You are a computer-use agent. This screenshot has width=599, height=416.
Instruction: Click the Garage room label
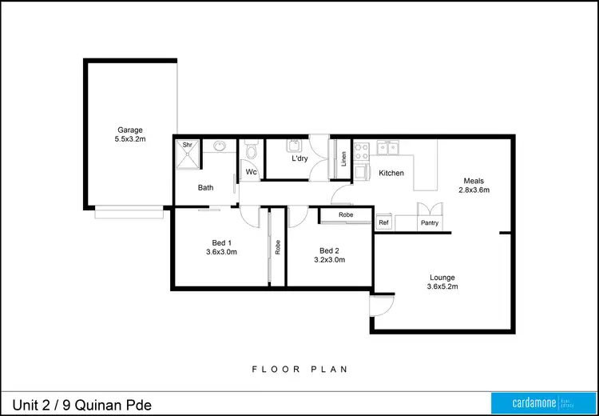[x=131, y=130]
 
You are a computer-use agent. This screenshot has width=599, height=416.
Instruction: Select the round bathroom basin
[x=219, y=146]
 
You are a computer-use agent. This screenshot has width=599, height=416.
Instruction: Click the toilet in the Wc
[x=251, y=151]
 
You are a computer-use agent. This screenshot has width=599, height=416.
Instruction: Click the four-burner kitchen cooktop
[x=361, y=148]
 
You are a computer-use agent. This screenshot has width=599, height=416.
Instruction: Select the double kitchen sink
[x=389, y=146]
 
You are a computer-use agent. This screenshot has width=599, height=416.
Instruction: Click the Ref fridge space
[x=383, y=223]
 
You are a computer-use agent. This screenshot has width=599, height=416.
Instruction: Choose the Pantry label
[x=429, y=223]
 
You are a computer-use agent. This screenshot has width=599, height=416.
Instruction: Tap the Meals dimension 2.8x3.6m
[x=474, y=190]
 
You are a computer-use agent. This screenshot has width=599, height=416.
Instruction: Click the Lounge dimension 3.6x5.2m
[x=442, y=286]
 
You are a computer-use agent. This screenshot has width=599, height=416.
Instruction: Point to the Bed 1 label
[x=221, y=242]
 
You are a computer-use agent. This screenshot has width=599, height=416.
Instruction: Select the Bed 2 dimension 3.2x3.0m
[x=330, y=259]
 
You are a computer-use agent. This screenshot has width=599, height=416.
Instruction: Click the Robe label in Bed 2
[x=346, y=215]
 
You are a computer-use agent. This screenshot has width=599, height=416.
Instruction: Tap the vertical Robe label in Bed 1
[x=277, y=247]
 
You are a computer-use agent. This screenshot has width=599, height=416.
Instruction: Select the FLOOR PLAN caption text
[x=299, y=369]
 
